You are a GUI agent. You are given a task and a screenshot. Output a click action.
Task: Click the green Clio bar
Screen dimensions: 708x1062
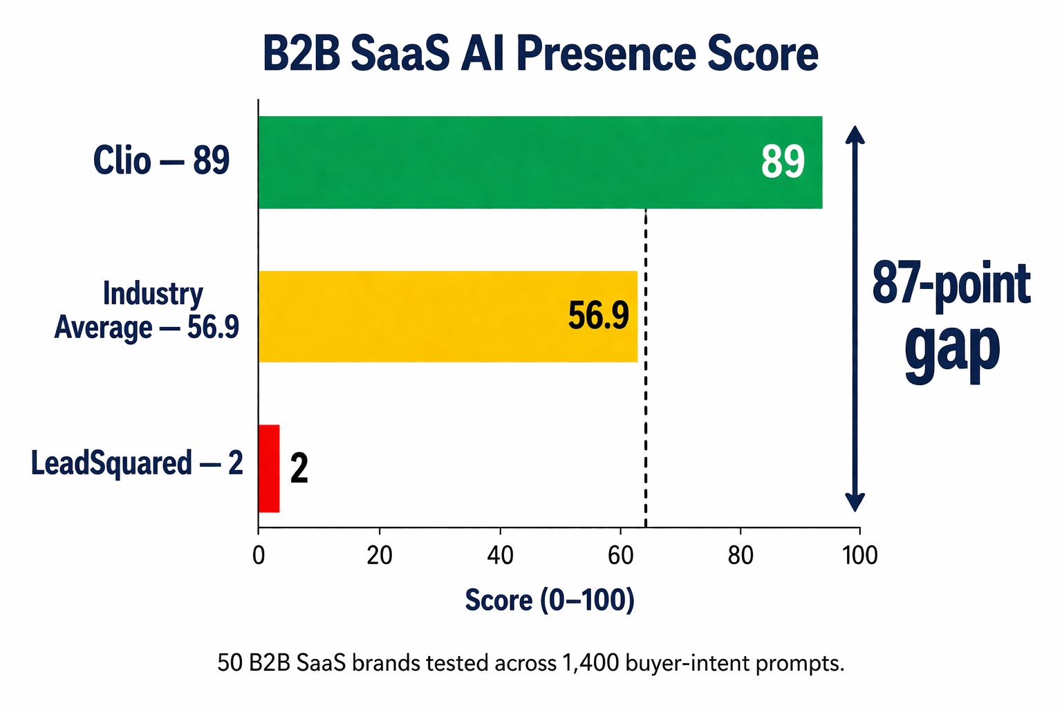pyautogui.click(x=539, y=162)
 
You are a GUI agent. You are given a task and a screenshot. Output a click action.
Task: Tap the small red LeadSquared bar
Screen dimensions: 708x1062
pyautogui.click(x=269, y=469)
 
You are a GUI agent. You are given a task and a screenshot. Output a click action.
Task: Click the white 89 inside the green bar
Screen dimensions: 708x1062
pyautogui.click(x=783, y=162)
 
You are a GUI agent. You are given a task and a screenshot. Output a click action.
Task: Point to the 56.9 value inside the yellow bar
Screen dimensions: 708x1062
pyautogui.click(x=598, y=316)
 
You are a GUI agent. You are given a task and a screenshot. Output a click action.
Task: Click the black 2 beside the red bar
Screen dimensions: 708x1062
pyautogui.click(x=299, y=469)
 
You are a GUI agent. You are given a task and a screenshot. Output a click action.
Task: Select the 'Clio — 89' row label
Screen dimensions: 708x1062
pyautogui.click(x=161, y=161)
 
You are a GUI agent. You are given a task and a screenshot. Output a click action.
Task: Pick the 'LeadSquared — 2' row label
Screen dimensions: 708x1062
pyautogui.click(x=137, y=463)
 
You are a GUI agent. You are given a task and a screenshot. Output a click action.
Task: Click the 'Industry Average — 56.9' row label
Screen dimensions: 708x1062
pyautogui.click(x=147, y=310)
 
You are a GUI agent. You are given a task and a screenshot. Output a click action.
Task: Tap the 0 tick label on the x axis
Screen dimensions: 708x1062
pyautogui.click(x=259, y=555)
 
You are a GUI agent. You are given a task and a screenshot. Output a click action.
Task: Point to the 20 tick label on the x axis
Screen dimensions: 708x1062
pyautogui.click(x=379, y=555)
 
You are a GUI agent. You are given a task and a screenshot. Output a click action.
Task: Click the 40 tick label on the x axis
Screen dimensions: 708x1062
pyautogui.click(x=499, y=555)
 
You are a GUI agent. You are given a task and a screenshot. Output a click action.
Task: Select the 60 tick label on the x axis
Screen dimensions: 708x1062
pyautogui.click(x=620, y=555)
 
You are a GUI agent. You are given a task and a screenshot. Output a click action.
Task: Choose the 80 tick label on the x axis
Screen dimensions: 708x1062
pyautogui.click(x=740, y=555)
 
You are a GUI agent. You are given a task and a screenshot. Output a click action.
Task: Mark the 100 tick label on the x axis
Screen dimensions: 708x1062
pyautogui.click(x=860, y=555)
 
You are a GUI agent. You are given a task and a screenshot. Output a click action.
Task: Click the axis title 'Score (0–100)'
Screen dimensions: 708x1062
pyautogui.click(x=550, y=600)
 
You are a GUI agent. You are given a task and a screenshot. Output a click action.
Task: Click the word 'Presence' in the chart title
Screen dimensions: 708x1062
pyautogui.click(x=605, y=54)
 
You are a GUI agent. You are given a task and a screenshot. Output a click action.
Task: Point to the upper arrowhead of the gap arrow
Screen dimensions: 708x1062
pyautogui.click(x=856, y=133)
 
